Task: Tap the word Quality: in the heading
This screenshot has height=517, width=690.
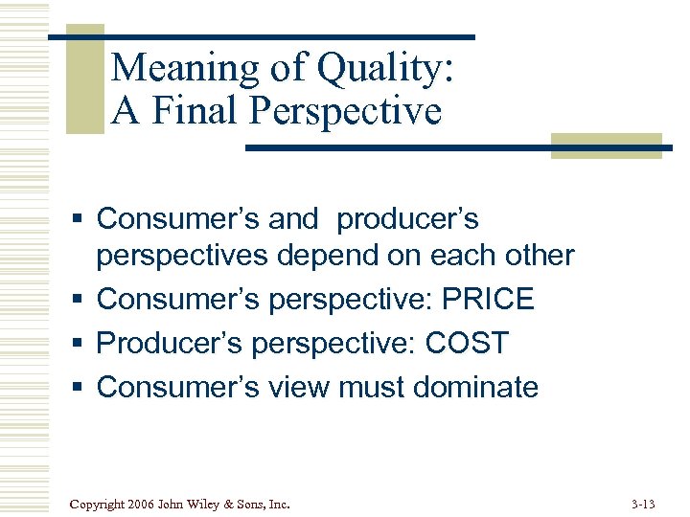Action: [x=385, y=69]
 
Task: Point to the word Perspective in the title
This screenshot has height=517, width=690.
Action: [x=346, y=111]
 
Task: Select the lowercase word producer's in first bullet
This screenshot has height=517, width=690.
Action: [x=407, y=219]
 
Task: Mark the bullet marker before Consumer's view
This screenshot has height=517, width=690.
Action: [x=80, y=388]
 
